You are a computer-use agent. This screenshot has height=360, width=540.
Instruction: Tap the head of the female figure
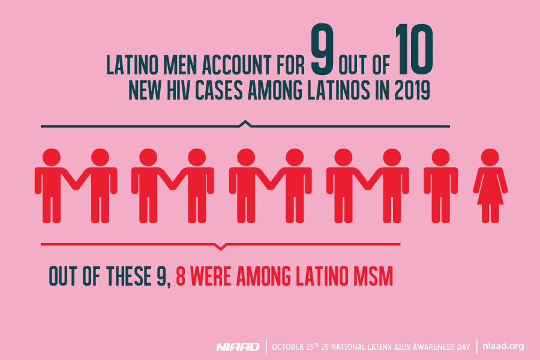click(x=491, y=157)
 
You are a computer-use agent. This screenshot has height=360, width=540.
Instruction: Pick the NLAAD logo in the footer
click(x=238, y=347)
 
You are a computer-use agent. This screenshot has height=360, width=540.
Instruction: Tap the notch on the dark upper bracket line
click(x=244, y=124)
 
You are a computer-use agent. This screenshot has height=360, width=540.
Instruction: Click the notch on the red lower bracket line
click(x=221, y=246)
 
